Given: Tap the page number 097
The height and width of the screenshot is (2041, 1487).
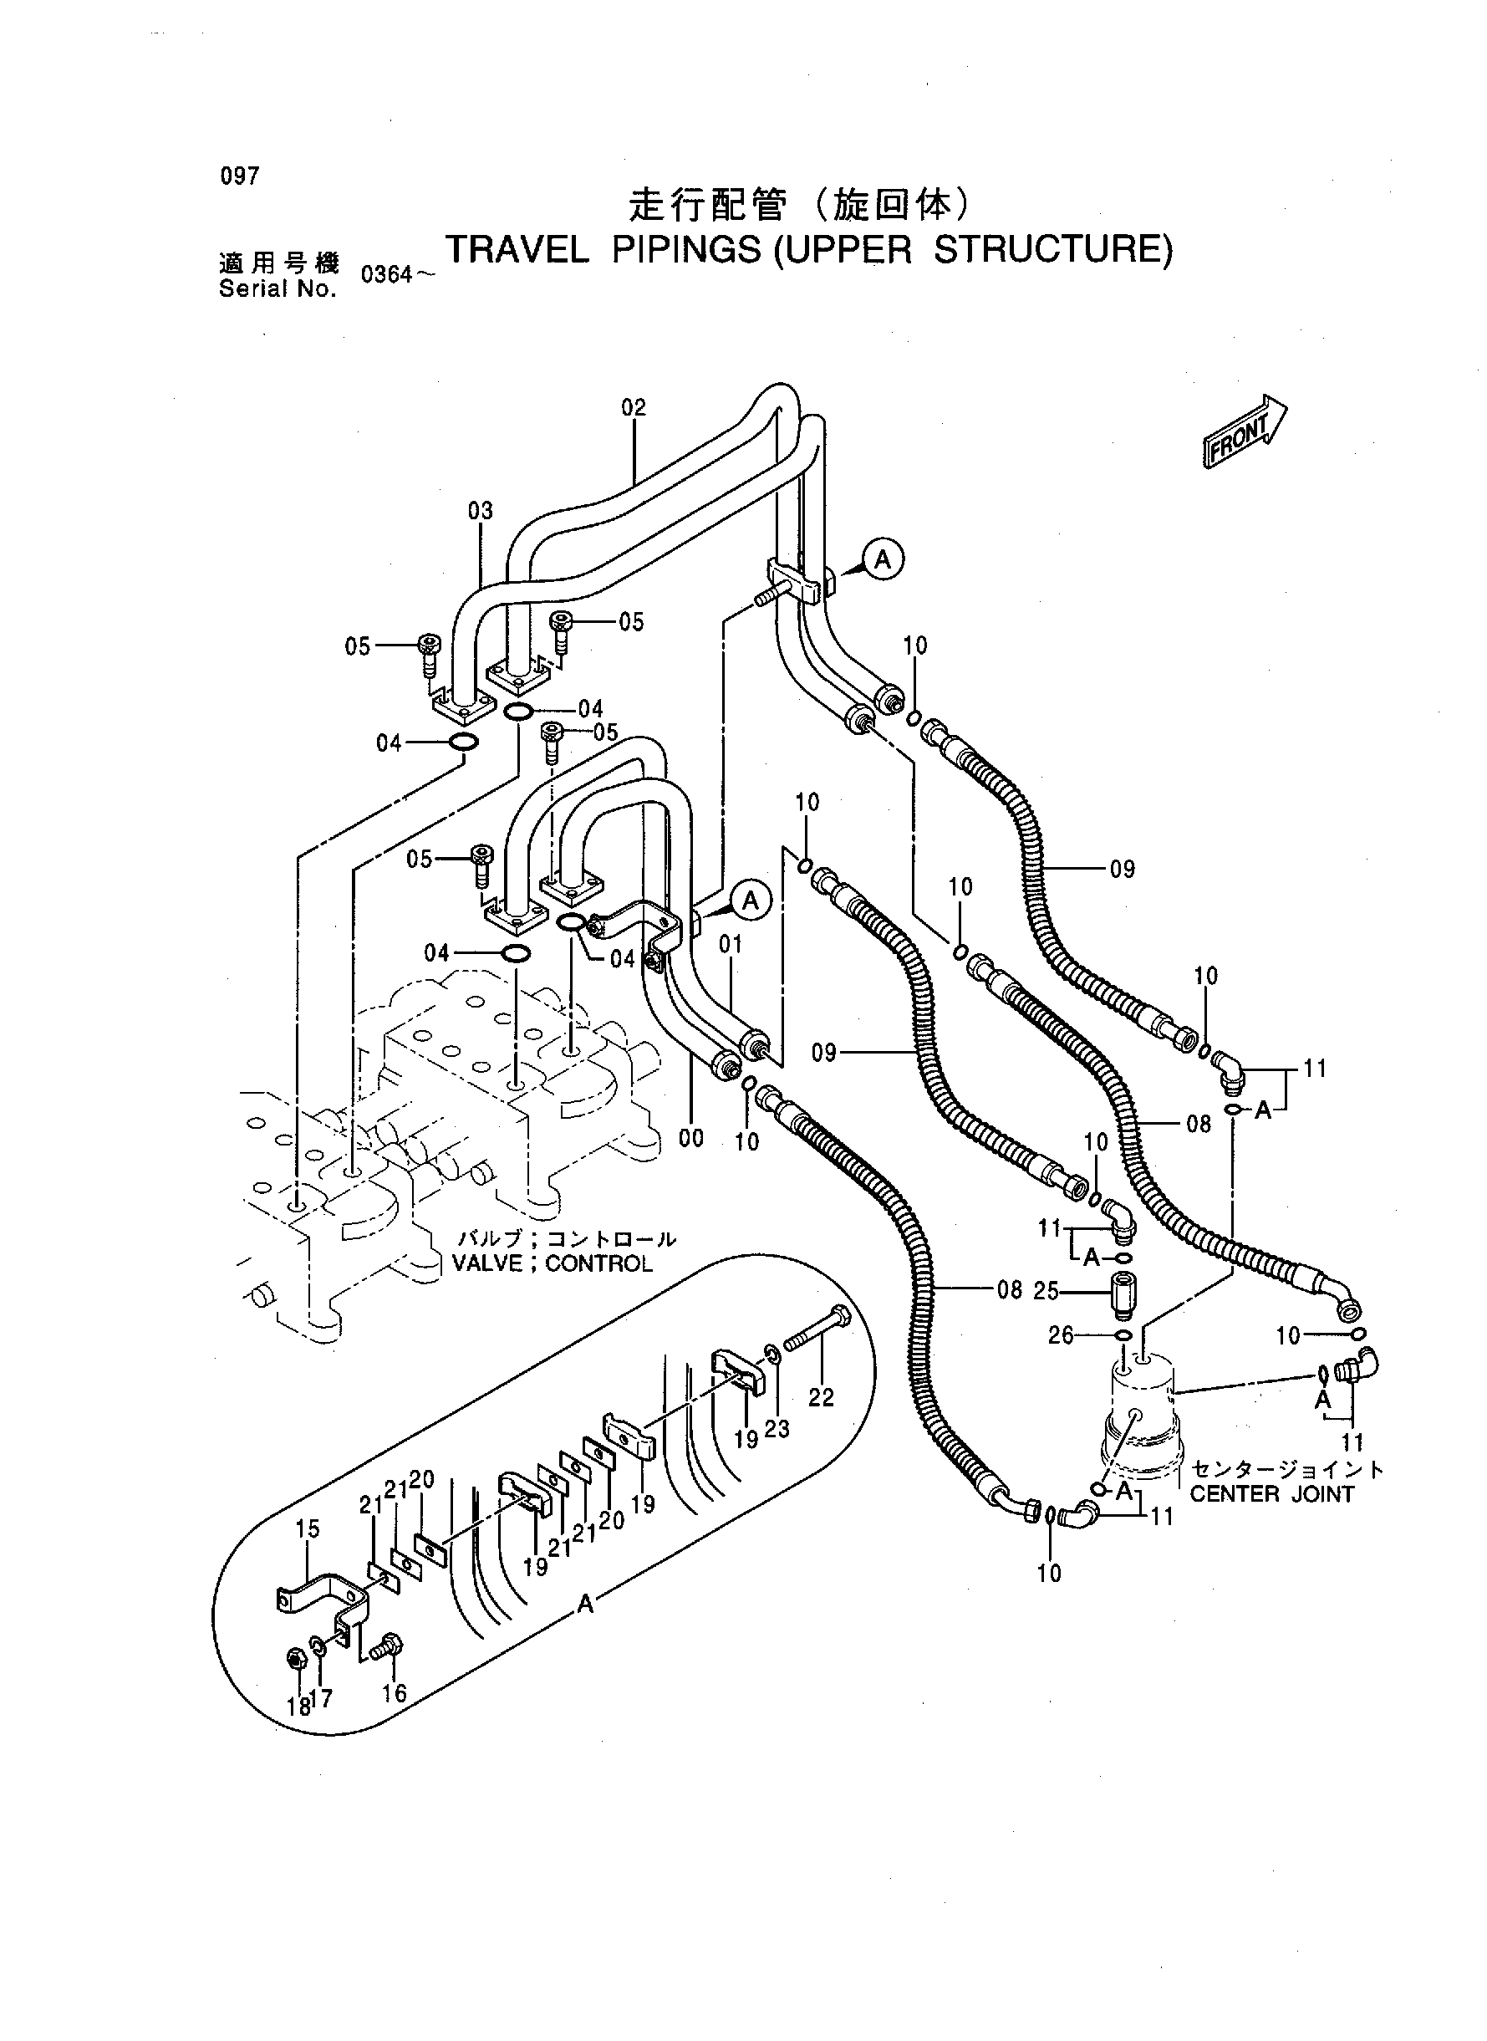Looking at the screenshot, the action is point(239,176).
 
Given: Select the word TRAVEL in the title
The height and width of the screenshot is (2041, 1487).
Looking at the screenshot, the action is point(517,250).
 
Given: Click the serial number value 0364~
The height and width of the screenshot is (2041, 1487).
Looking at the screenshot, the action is point(397,274).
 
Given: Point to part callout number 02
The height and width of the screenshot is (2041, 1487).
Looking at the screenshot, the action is point(634,408).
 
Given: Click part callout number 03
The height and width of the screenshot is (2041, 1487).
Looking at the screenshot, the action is point(481,512).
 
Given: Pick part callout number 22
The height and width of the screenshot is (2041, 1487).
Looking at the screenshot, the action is point(821,1397).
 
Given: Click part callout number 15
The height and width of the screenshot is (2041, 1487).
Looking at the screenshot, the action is point(308,1528).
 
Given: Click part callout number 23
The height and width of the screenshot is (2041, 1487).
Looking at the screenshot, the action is point(777,1429).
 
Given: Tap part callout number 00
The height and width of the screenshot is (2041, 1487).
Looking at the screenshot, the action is point(691,1139).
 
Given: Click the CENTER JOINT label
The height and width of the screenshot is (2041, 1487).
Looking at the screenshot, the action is point(1272,1494).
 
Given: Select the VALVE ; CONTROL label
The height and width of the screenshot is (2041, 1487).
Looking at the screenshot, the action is point(552,1264).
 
